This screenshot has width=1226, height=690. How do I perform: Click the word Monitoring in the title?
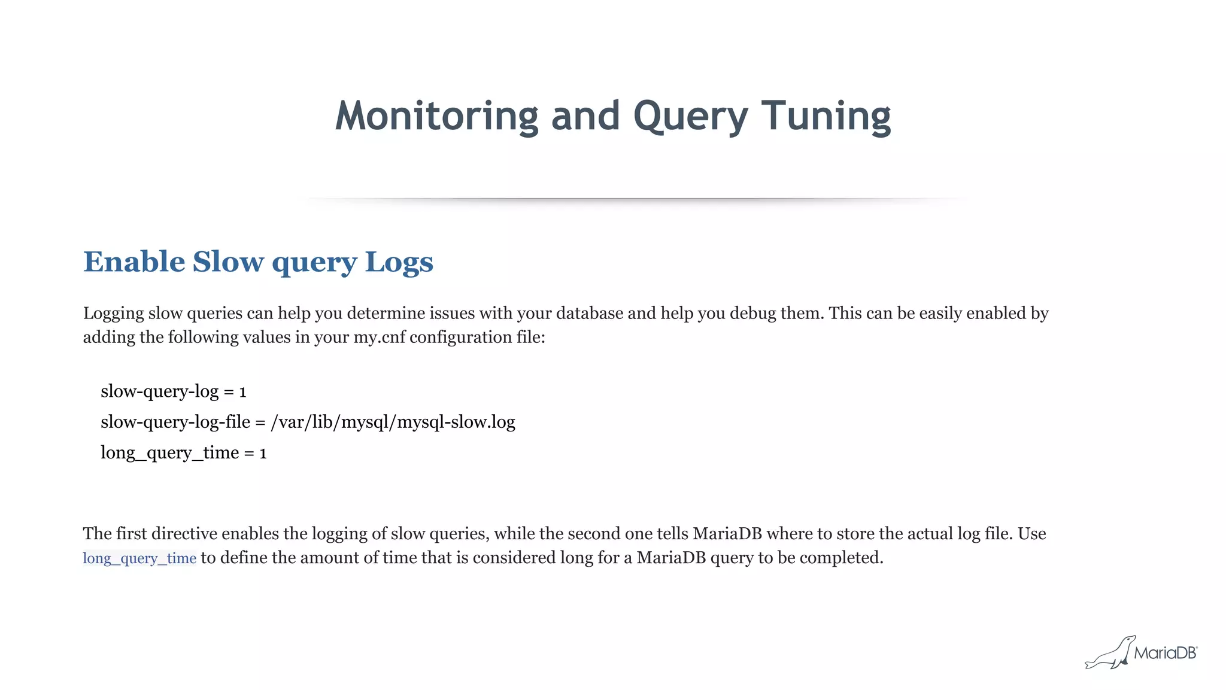pos(437,116)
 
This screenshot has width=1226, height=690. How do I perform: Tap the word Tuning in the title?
pos(826,116)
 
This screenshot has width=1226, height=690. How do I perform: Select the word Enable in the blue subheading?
pos(134,262)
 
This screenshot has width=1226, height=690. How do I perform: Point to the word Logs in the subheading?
pos(399,262)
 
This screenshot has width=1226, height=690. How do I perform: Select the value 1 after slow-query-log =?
pos(242,392)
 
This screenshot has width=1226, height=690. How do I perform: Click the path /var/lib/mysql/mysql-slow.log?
pos(393,422)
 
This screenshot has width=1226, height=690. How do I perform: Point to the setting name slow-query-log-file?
pos(175,422)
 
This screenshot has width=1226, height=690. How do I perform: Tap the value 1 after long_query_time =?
pos(263,453)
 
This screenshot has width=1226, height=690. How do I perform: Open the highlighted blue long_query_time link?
pos(139,558)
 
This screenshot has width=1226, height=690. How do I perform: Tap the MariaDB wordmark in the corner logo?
pos(1165,653)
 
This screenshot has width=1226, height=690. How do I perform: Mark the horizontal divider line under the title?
pos(635,198)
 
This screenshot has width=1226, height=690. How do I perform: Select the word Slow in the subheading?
pos(227,262)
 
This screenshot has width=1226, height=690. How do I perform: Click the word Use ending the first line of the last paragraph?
pos(1031,534)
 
